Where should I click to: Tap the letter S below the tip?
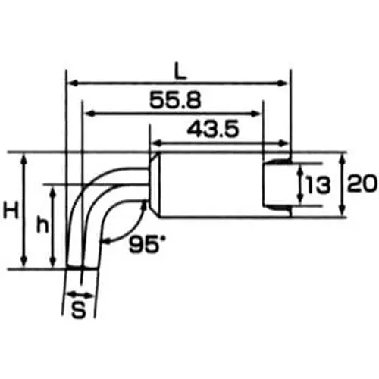pos(77,309)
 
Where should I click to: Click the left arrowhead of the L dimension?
pos(73,83)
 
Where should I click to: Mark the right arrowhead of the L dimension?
pos(286,83)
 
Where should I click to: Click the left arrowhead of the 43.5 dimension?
pos(154,143)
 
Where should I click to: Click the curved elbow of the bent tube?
pos(95,189)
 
